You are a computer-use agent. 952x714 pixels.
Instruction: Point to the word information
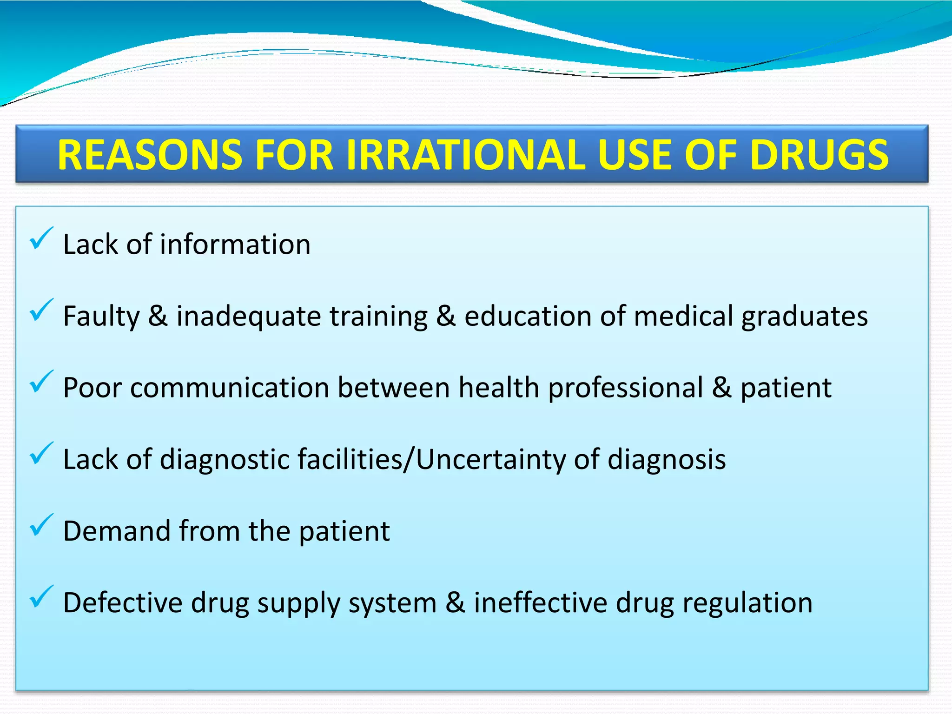(235, 245)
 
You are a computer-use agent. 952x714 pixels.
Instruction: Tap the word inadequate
(249, 317)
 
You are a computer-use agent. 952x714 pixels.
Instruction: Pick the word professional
(626, 389)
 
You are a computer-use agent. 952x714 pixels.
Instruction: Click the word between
(394, 388)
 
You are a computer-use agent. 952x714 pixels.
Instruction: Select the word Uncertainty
(490, 460)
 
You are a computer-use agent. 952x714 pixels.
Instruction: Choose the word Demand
(117, 531)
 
